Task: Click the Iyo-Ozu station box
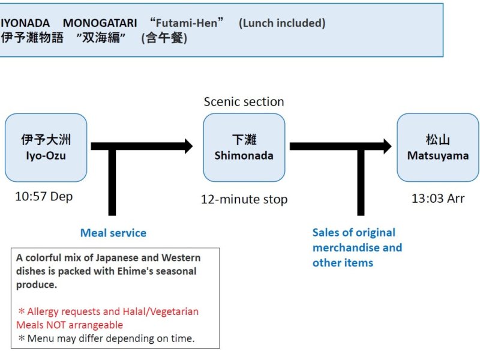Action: [x=46, y=148]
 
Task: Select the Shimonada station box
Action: [x=244, y=148]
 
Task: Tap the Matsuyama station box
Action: [x=438, y=148]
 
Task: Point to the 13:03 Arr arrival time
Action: [x=438, y=199]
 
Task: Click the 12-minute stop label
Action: [x=244, y=199]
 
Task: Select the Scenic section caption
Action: [x=244, y=101]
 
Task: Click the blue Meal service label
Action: [x=113, y=233]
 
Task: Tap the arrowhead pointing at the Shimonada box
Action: [x=188, y=146]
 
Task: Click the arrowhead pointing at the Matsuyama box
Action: [x=387, y=146]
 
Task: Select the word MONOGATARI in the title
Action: [x=100, y=23]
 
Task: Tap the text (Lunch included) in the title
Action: [x=282, y=23]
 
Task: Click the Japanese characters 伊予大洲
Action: [x=46, y=140]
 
